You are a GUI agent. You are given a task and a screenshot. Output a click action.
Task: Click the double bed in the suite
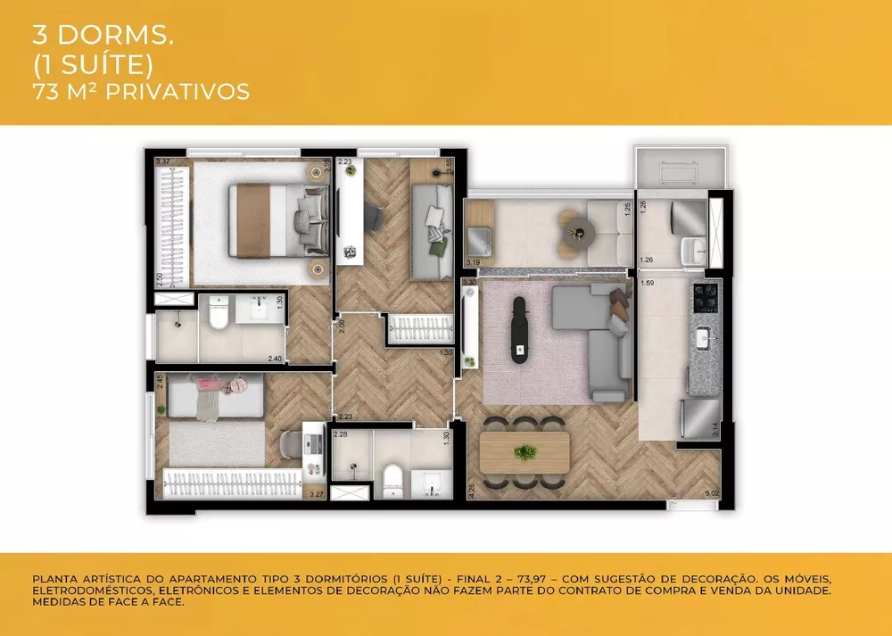click(x=268, y=219)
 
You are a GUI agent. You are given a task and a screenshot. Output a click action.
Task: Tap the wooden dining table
click(x=524, y=452)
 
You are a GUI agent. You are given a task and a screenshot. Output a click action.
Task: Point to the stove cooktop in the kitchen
click(x=704, y=294)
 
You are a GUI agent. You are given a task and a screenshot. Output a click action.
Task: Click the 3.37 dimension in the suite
click(x=162, y=161)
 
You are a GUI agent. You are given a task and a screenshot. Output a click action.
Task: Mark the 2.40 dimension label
click(x=275, y=359)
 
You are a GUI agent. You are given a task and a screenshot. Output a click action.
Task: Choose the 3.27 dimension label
click(x=316, y=493)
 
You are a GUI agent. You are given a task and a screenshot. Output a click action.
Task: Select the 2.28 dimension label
click(x=340, y=434)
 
